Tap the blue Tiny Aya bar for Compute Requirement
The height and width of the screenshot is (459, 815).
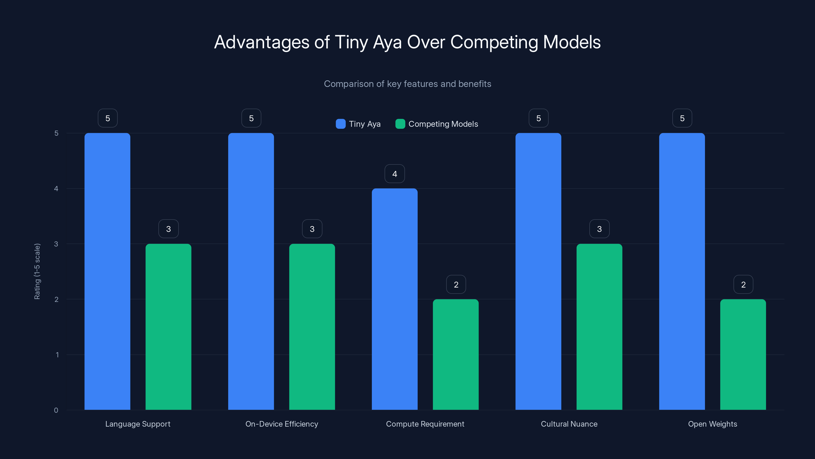point(395,299)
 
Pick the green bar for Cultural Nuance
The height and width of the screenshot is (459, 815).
point(599,327)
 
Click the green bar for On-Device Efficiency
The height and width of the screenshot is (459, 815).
point(312,327)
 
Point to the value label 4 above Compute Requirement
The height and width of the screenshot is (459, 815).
point(395,174)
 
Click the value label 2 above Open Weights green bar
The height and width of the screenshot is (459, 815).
point(743,285)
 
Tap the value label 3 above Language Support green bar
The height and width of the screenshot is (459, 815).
point(168,229)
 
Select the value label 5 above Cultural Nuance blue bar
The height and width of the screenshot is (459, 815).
point(538,118)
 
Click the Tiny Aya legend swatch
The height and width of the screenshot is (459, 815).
point(341,124)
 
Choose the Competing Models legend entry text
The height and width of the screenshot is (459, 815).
point(443,124)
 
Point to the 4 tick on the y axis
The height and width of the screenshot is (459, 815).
point(56,188)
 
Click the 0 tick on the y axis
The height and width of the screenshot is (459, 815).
point(56,410)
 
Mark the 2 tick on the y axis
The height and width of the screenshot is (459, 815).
point(56,299)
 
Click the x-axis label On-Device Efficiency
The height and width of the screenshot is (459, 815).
point(282,424)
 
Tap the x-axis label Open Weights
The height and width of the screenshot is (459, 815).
point(713,424)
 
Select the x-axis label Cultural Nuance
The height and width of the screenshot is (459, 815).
point(569,424)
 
